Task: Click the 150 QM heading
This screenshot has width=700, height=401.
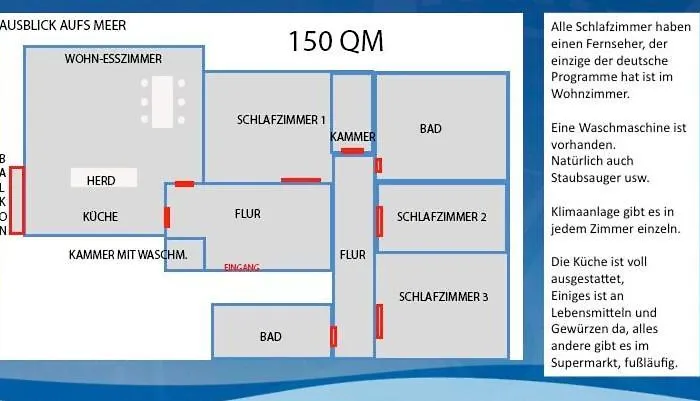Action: point(336,41)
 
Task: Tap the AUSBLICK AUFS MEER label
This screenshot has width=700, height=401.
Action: point(63,25)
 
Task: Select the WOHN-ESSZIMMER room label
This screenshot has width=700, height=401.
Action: point(113,58)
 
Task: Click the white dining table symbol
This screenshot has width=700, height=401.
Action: point(162,102)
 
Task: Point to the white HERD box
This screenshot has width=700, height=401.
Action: point(104,178)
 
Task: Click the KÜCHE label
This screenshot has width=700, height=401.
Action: point(100,217)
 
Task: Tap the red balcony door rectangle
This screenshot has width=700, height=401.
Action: point(17,200)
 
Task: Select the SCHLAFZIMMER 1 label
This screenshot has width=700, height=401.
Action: point(281,120)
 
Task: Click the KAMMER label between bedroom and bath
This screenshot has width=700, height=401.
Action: point(353,137)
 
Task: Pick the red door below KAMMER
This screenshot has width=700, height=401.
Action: point(352,151)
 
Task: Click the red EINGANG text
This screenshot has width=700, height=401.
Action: point(242,267)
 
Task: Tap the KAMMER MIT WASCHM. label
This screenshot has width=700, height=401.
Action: point(128,255)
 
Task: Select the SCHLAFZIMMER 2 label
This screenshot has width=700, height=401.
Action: point(442,217)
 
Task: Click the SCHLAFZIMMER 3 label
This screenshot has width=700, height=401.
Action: point(443,297)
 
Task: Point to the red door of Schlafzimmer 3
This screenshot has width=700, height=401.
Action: point(379,322)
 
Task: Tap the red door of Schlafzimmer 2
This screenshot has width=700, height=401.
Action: point(379,221)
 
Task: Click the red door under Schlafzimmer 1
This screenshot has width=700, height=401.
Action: point(301,180)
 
